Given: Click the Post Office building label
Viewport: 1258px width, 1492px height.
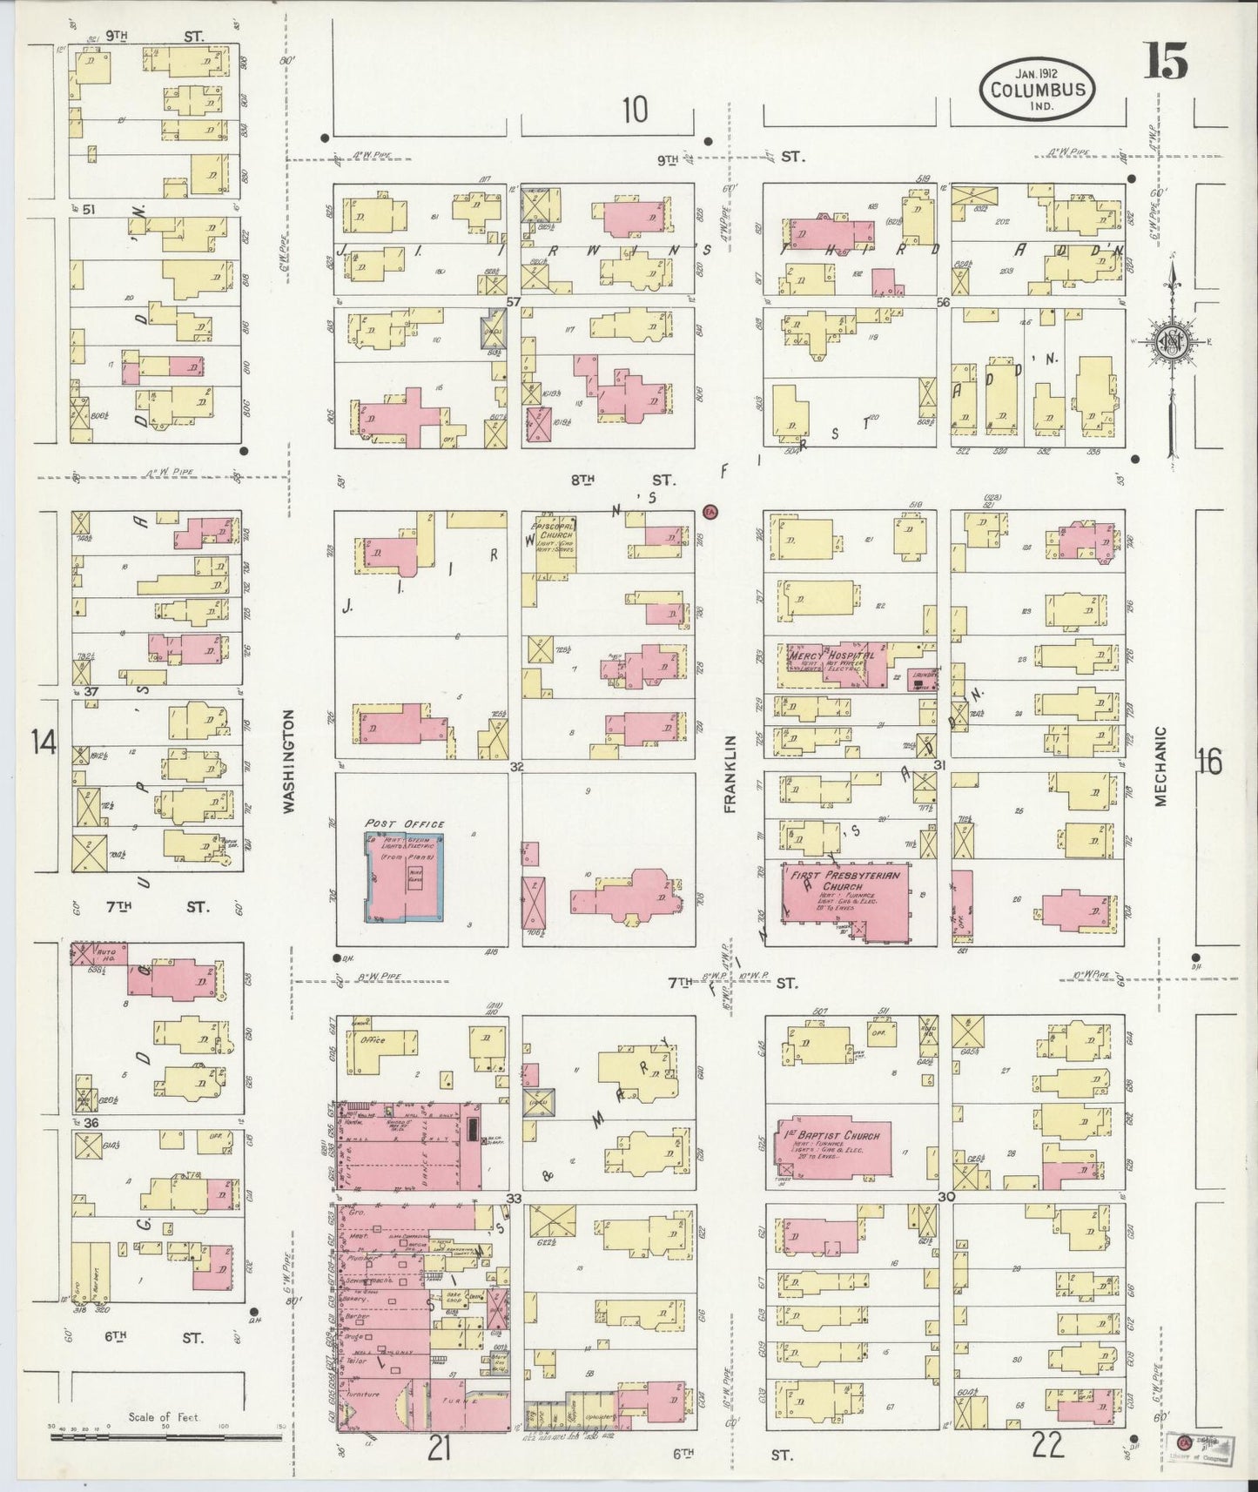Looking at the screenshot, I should pos(405,823).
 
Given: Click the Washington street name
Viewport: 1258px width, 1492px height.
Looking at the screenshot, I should pos(289,761).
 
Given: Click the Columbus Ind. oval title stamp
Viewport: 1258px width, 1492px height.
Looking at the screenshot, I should pos(1037,90).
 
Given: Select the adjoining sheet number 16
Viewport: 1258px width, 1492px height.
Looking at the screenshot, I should pos(1208,763).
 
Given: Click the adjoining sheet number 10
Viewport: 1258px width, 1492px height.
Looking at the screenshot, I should pos(635,111).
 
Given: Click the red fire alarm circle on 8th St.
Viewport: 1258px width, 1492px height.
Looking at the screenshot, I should pos(710,511).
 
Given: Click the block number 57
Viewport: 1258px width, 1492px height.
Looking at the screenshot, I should pos(513,301).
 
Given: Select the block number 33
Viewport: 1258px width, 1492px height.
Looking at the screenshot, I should pos(514,1199).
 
